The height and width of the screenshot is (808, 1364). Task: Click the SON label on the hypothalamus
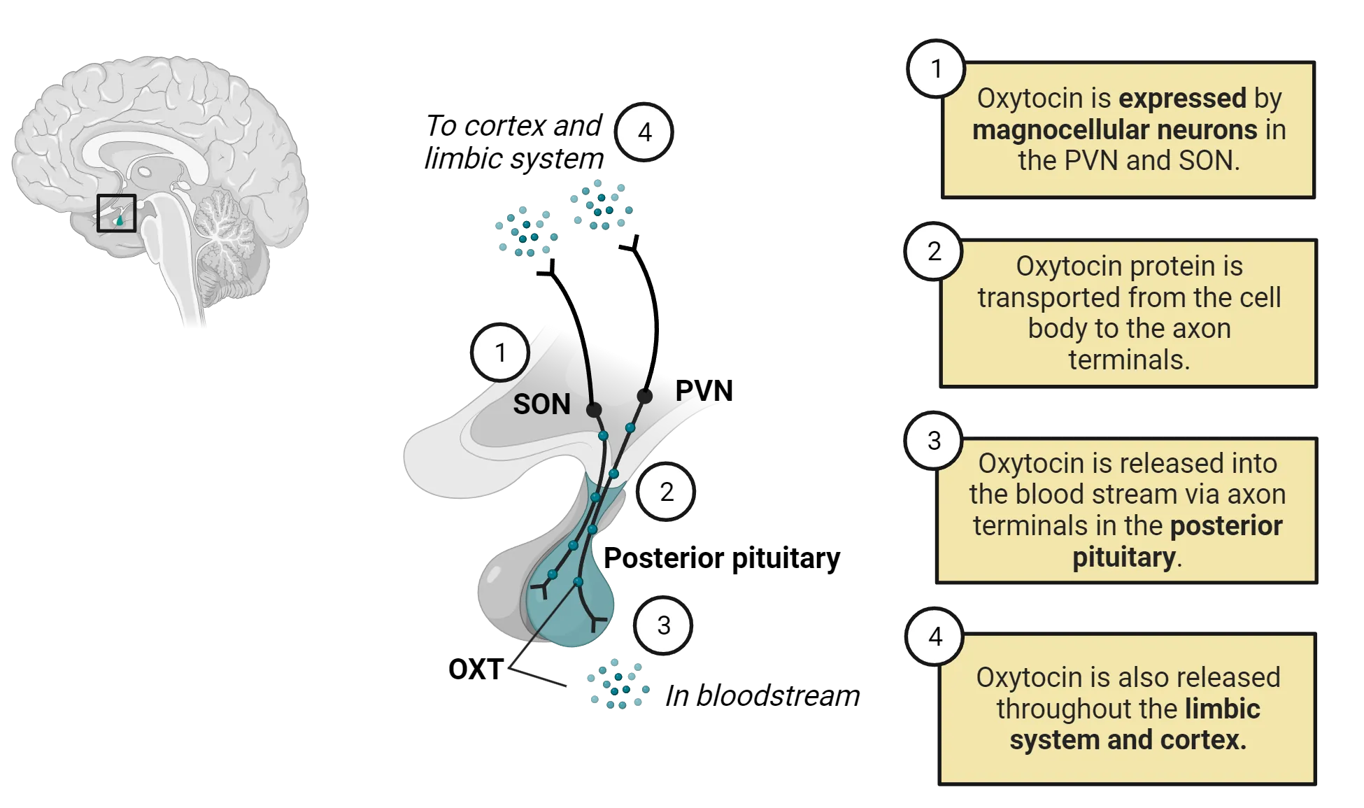click(x=541, y=404)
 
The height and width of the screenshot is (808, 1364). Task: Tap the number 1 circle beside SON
click(x=500, y=353)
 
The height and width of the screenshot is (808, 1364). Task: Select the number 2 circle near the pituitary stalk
click(x=666, y=492)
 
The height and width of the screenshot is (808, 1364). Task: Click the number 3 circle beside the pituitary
click(x=663, y=625)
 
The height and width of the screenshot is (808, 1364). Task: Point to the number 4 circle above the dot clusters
click(x=644, y=132)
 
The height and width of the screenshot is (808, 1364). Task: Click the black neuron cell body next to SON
click(x=594, y=410)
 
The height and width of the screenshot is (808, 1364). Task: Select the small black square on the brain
click(x=116, y=213)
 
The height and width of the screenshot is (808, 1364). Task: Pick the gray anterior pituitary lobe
click(x=500, y=595)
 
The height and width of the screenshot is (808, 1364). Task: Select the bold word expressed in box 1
click(x=1182, y=99)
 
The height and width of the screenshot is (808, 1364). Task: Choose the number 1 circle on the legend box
click(x=936, y=69)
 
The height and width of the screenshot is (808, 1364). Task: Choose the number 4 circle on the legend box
click(x=935, y=637)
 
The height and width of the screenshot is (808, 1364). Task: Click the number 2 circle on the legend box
click(x=934, y=251)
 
